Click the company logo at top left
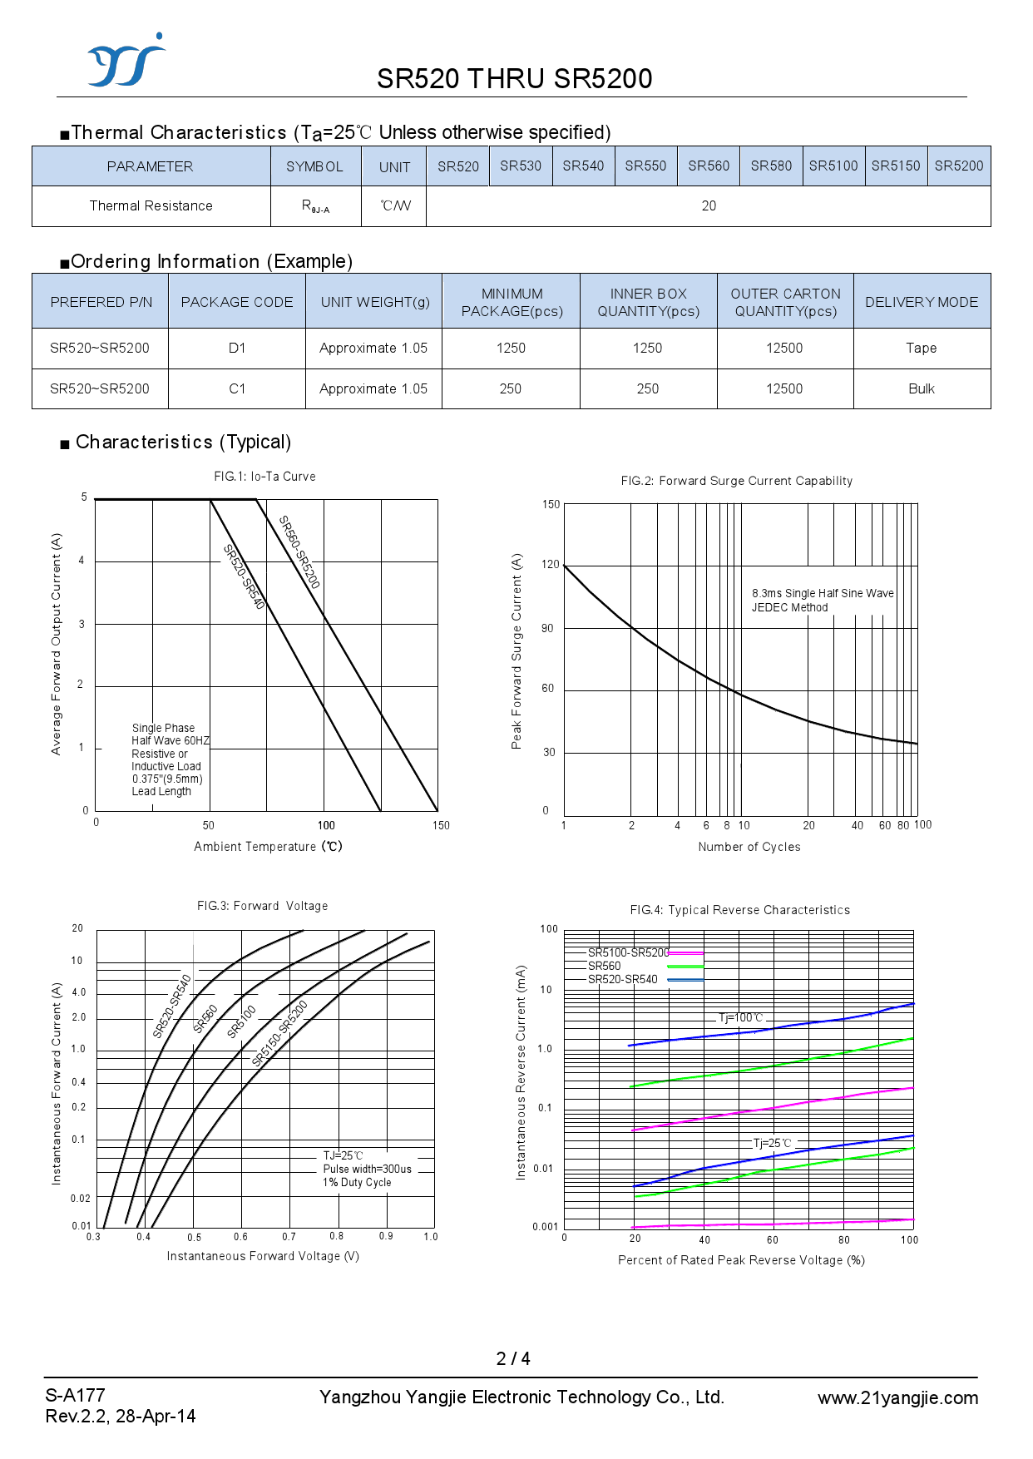click(x=126, y=62)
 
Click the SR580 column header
click(x=771, y=166)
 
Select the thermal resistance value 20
click(x=709, y=205)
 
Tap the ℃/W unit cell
click(x=395, y=205)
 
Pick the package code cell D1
click(x=237, y=348)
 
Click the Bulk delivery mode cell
click(x=921, y=388)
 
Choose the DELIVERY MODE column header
click(x=921, y=302)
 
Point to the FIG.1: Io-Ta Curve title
click(x=264, y=477)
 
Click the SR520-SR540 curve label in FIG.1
click(x=244, y=576)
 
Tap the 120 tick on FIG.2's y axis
click(x=551, y=565)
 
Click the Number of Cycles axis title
click(x=749, y=847)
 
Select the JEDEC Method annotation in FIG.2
click(x=789, y=607)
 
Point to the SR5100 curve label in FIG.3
click(x=241, y=1021)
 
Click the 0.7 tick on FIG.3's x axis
click(x=289, y=1237)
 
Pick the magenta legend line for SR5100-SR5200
click(x=685, y=952)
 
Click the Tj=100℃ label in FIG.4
click(x=740, y=1017)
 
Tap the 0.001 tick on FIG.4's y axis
click(x=545, y=1227)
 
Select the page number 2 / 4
click(x=513, y=1358)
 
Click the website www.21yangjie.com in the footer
click(x=897, y=1398)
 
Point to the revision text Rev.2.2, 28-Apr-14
click(x=121, y=1416)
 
